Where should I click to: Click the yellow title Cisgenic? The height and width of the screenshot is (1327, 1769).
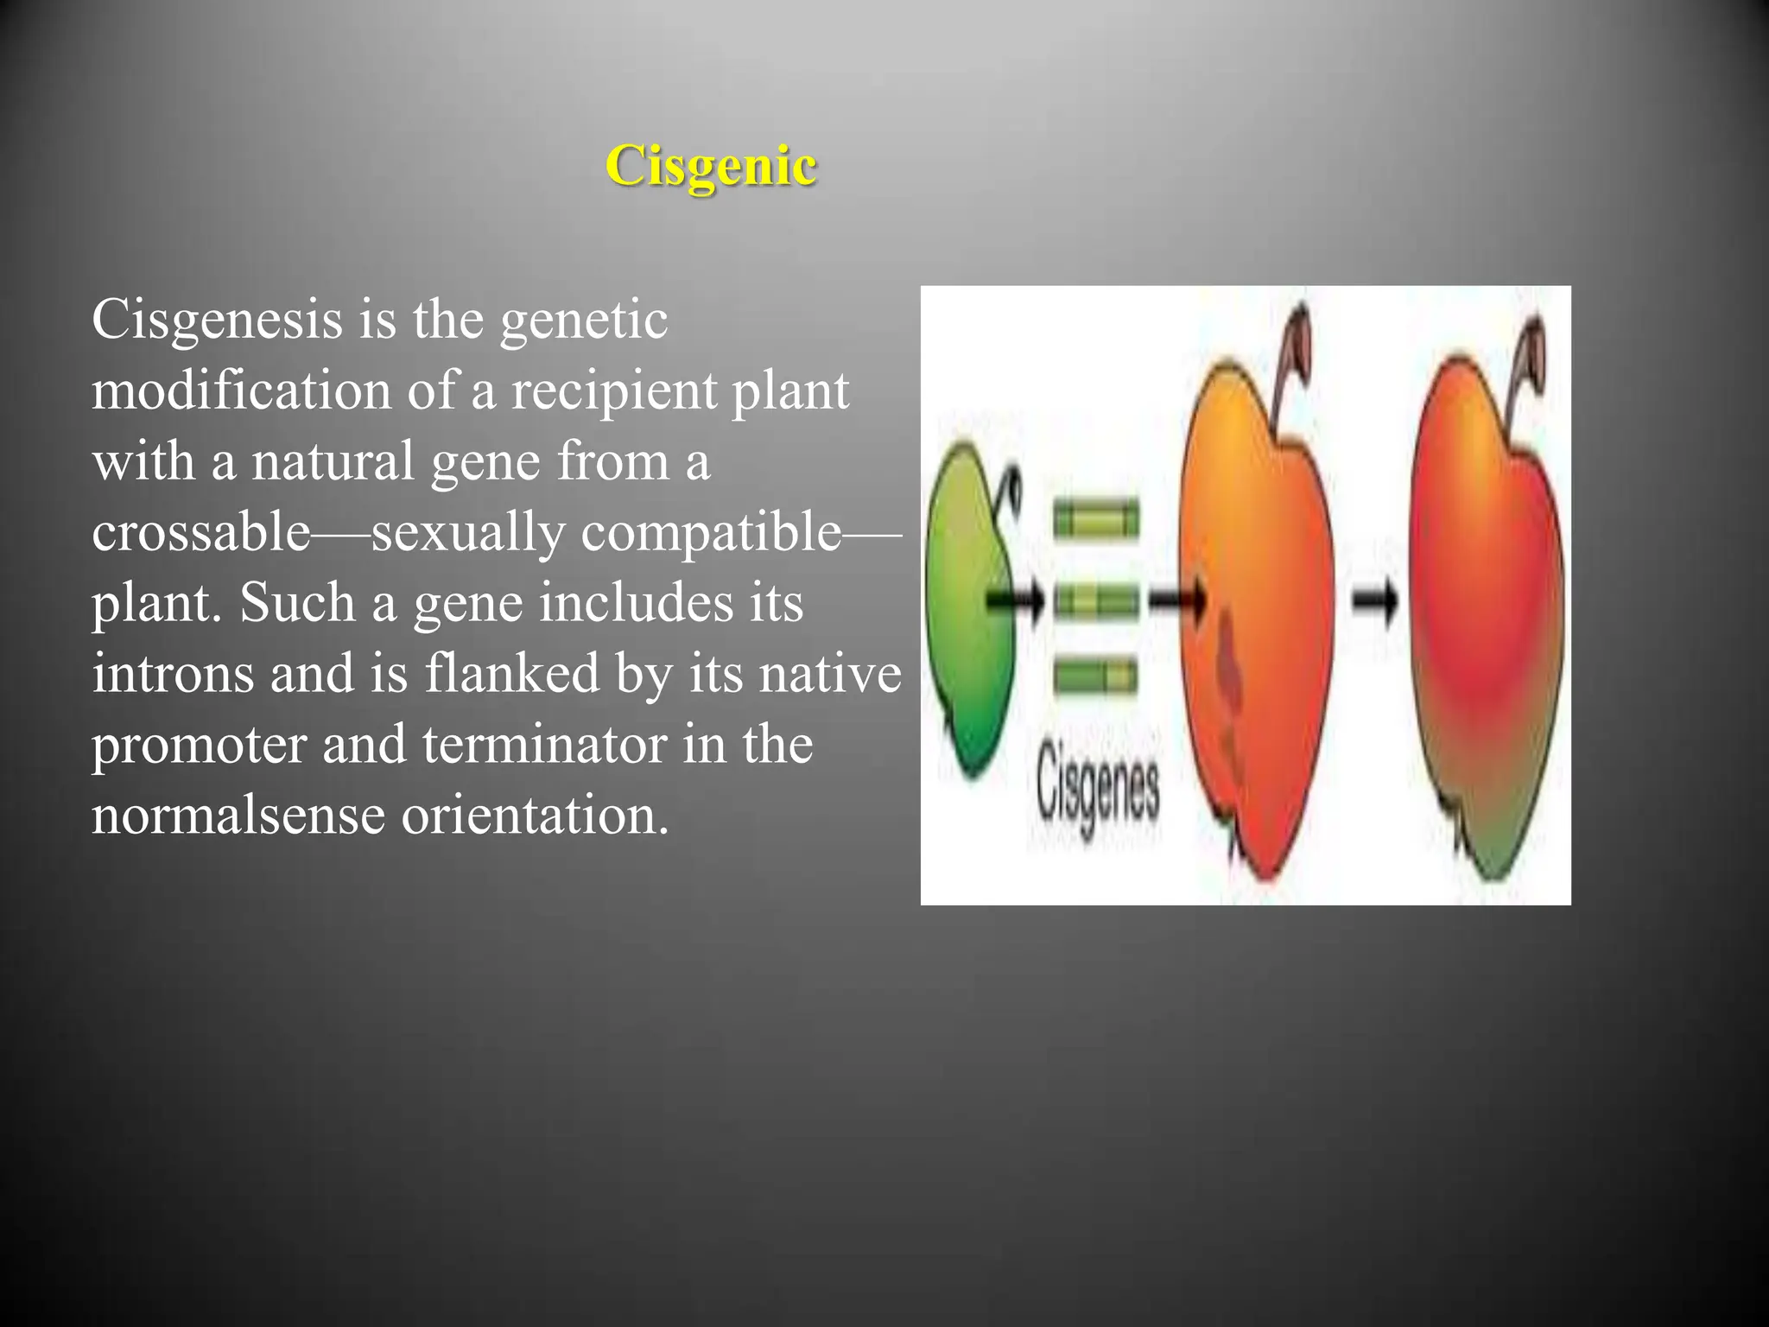(711, 166)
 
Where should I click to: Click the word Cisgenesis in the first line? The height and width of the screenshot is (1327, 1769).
(217, 320)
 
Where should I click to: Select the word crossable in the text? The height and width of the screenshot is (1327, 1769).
(200, 532)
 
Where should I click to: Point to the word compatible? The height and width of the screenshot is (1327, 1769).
(710, 532)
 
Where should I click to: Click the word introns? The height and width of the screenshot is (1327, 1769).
(173, 673)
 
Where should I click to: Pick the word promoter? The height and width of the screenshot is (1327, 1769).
(199, 745)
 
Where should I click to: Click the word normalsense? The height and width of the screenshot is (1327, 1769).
(238, 815)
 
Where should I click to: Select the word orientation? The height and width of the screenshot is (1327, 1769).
(535, 815)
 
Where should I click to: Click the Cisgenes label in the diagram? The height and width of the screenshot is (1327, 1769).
(1097, 786)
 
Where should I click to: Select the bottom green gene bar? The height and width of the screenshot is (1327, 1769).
(1095, 676)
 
